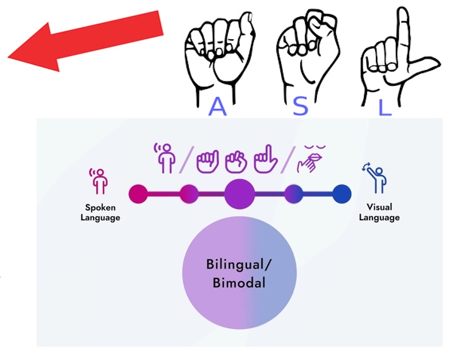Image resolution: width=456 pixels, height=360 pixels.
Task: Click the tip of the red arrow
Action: tap(8, 57)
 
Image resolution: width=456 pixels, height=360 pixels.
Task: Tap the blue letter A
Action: tap(217, 107)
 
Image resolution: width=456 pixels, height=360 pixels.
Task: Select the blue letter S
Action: tap(300, 106)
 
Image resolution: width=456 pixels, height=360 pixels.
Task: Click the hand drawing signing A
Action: tap(220, 55)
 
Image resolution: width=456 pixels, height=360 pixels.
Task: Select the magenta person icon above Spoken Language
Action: tap(99, 181)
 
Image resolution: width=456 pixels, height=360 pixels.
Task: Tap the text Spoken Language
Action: tap(100, 213)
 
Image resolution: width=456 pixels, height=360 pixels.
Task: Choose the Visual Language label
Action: tap(379, 212)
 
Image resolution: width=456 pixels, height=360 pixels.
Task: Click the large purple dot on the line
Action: tap(239, 194)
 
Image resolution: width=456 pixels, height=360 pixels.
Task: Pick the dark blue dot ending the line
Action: tap(342, 194)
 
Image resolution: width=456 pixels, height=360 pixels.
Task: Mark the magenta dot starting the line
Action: tap(138, 194)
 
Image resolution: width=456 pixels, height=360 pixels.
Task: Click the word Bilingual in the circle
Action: tap(239, 265)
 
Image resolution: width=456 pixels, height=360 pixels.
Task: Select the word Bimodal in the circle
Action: tap(239, 283)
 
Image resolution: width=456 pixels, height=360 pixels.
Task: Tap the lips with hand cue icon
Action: tap(311, 159)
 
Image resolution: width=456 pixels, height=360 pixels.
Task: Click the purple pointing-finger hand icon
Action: tap(265, 159)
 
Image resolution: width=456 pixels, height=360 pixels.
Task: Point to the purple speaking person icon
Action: tap(165, 158)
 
